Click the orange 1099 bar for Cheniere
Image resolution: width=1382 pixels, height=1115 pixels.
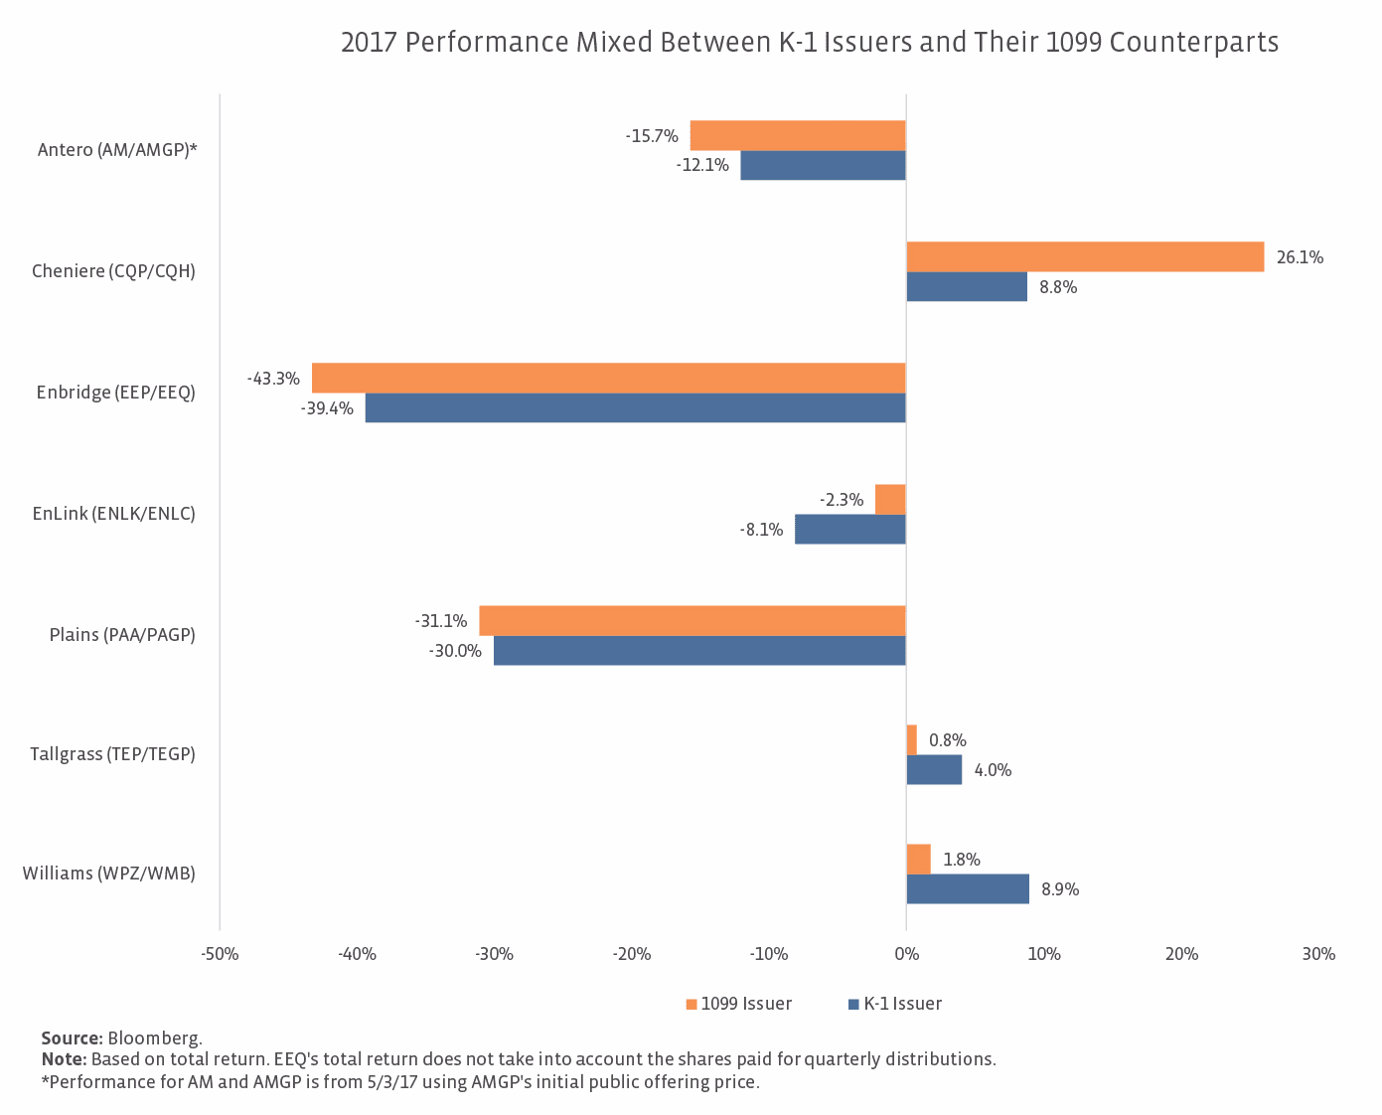pos(1085,256)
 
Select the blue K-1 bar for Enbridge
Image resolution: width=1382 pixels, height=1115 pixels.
pos(636,407)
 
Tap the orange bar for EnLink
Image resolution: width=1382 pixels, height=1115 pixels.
pos(890,499)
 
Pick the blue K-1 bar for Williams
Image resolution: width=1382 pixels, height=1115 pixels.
pos(968,888)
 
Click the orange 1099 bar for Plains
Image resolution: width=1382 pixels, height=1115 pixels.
pos(692,620)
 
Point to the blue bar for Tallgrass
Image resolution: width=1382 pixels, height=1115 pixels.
pos(934,769)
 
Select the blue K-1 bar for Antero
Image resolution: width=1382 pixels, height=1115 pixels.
pos(823,165)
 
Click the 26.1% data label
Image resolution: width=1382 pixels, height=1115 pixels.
pos(1300,257)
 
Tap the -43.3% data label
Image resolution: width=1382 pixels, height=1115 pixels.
pos(273,379)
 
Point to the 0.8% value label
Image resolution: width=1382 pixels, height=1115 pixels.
pos(947,740)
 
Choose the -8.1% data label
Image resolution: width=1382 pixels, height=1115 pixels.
pos(761,530)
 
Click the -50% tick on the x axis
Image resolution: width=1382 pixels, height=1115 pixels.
pos(220,954)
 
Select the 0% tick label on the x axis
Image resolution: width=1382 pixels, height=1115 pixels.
pos(906,954)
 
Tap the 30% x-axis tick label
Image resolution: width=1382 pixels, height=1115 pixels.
pos(1318,954)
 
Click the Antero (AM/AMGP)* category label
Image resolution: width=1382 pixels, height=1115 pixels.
pos(117,150)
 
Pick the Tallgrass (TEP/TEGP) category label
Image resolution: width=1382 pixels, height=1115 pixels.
pos(112,754)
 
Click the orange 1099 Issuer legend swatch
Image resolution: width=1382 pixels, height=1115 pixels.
pos(691,1004)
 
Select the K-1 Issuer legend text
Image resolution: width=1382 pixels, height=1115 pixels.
pos(902,1004)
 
